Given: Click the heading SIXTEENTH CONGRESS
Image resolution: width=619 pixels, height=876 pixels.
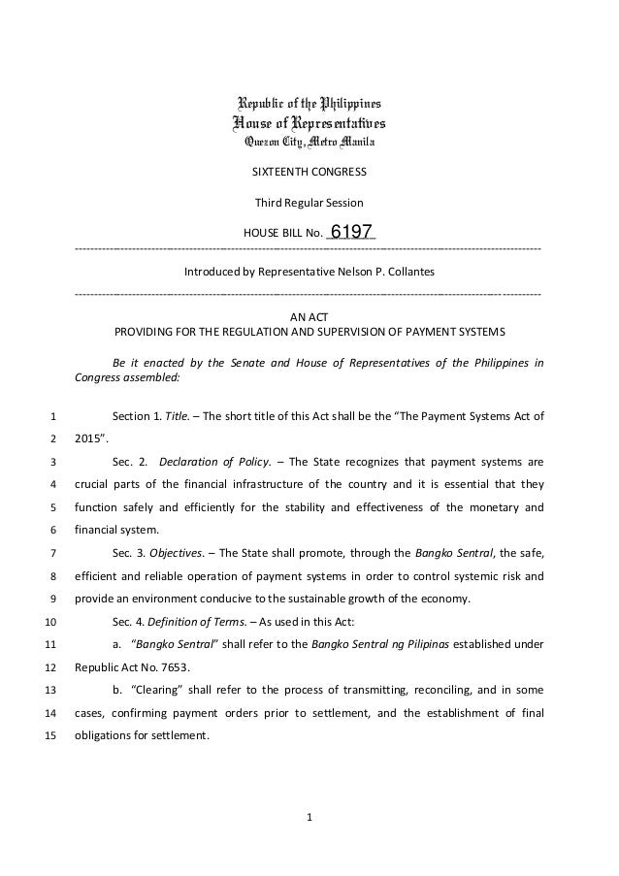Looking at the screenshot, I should (309, 174).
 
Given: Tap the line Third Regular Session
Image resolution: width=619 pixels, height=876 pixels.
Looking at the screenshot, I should (309, 204).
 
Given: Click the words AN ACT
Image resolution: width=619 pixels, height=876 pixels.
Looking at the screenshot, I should (309, 316).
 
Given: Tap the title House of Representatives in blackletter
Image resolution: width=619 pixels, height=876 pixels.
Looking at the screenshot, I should (309, 123).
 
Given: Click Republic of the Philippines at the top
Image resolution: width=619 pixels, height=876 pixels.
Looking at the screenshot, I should (309, 103).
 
